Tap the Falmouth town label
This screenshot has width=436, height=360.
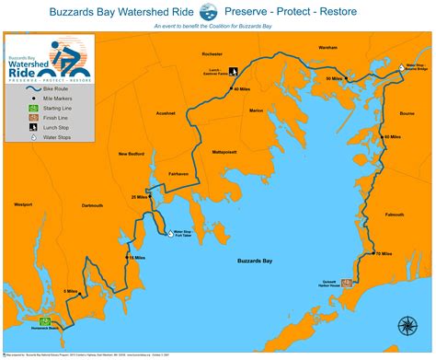(x=395, y=214)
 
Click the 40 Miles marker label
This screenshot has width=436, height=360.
(x=242, y=89)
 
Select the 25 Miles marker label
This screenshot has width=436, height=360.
(x=140, y=197)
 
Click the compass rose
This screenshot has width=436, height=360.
(x=406, y=324)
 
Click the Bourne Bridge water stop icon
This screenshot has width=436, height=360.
(x=400, y=66)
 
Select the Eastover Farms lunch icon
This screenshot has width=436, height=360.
(x=234, y=69)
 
